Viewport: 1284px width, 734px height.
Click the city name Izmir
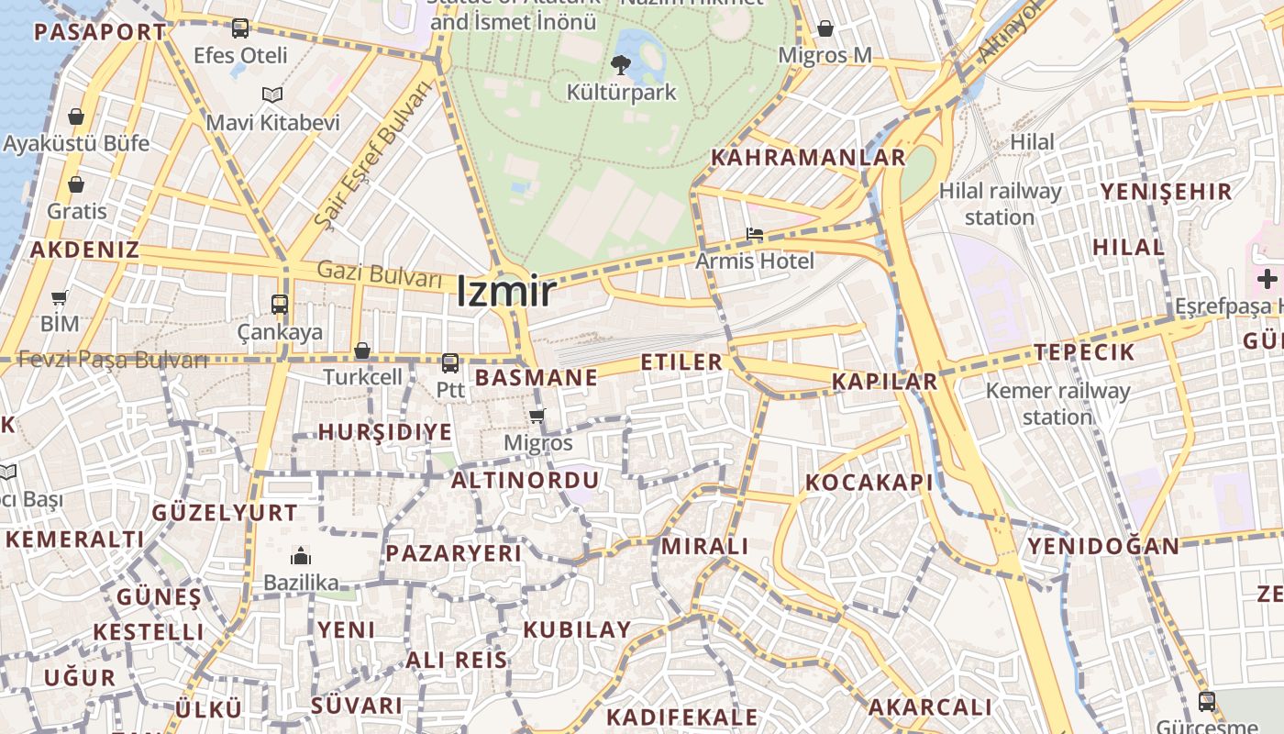506,292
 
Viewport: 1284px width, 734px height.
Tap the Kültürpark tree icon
621,64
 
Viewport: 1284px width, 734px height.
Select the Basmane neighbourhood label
537,377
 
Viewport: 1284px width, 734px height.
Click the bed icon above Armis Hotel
754,235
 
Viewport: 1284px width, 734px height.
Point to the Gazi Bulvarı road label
380,273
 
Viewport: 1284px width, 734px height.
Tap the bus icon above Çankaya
280,304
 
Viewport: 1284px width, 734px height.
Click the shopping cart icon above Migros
537,416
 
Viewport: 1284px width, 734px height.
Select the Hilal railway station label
1000,204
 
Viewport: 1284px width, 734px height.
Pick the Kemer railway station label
1057,404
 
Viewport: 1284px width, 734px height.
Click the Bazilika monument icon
300,556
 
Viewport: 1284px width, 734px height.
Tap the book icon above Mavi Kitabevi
272,95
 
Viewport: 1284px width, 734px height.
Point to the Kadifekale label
682,717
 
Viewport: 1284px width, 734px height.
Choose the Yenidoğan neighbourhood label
1102,546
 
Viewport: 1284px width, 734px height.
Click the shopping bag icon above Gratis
76,184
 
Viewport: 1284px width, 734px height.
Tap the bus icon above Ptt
449,363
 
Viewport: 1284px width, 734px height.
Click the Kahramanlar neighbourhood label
808,157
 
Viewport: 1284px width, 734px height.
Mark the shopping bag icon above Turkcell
362,350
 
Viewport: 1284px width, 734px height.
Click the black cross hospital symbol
1267,279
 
